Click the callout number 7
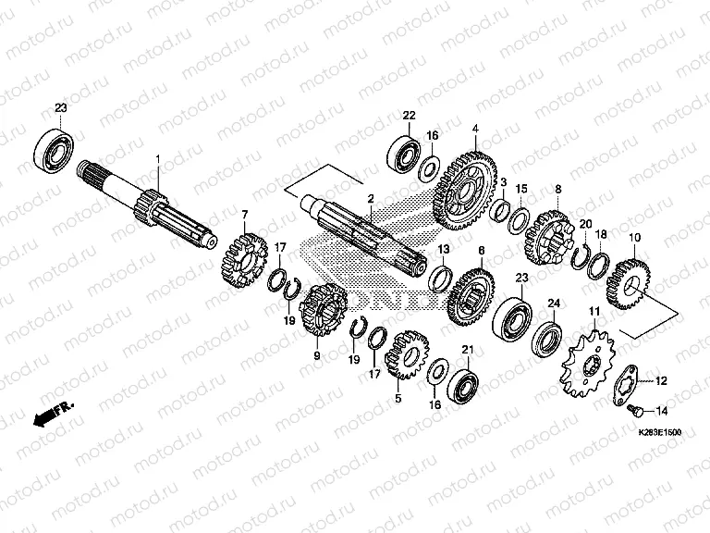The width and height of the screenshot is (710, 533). pos(245,215)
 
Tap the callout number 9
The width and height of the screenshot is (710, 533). pos(316,354)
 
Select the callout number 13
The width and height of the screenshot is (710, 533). pos(444,249)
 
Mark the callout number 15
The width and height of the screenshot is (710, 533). pos(521,189)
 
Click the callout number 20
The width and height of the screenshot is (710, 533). pos(584,223)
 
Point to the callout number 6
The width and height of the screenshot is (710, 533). pos(481,250)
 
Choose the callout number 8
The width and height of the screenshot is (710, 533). pos(557,189)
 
